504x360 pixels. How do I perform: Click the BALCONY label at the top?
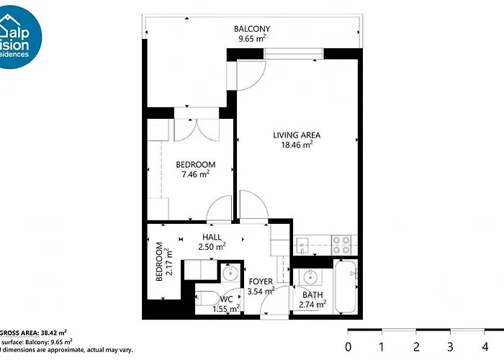tap(251, 29)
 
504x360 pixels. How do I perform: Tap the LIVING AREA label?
tap(296, 135)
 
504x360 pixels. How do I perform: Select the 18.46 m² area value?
tap(296, 145)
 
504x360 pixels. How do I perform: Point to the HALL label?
tap(212, 237)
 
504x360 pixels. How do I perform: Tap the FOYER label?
tap(261, 282)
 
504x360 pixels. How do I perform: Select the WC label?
tap(226, 299)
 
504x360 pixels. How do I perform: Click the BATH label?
tap(312, 294)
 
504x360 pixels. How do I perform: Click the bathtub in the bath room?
tap(346, 288)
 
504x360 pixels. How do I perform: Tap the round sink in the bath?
tap(310, 277)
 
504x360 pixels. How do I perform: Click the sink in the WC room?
tap(230, 273)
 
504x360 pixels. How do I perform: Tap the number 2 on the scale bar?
tap(416, 347)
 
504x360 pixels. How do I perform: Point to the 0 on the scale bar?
tap(348, 347)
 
